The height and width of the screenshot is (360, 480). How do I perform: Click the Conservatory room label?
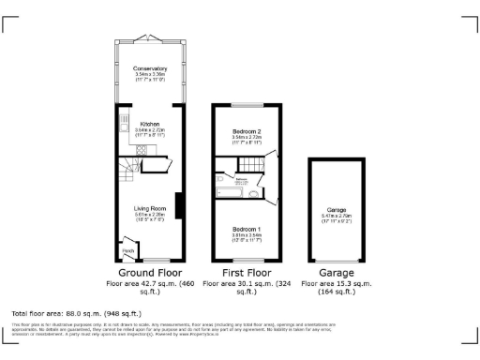[x=150, y=69]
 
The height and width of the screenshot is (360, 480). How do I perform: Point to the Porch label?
[x=128, y=250]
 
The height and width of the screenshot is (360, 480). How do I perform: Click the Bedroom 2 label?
[x=245, y=131]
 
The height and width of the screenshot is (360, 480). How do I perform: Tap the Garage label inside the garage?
[x=337, y=209]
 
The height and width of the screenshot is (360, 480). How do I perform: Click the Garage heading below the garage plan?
[x=337, y=272]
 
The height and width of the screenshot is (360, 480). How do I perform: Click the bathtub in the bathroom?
[x=226, y=192]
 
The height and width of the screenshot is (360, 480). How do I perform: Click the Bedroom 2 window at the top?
[x=245, y=104]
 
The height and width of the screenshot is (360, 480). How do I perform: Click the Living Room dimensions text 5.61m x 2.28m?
[x=150, y=215]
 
